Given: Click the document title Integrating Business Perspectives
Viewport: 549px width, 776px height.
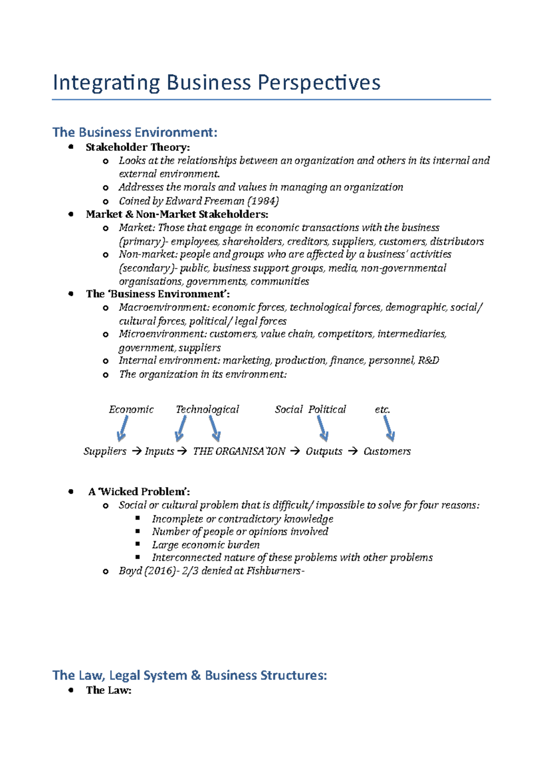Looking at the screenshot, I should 216,83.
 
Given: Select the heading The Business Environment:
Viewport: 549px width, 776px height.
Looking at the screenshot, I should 135,133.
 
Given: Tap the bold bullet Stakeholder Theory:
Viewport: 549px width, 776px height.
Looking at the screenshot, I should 138,147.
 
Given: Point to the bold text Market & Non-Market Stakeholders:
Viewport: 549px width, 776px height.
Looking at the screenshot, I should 177,214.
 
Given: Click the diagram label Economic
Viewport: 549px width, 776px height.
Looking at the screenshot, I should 131,409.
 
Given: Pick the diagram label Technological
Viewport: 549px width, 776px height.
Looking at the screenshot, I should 207,409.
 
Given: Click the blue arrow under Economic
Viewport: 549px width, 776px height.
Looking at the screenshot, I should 122,430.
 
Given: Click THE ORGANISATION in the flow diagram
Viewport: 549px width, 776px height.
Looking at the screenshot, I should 239,452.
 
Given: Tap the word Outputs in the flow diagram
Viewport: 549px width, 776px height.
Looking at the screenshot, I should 324,452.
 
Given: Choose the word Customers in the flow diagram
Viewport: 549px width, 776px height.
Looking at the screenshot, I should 387,452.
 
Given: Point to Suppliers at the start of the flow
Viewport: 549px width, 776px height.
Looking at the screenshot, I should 105,452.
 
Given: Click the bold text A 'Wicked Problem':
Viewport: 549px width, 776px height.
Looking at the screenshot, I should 139,492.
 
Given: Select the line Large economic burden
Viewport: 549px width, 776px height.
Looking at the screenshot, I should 206,545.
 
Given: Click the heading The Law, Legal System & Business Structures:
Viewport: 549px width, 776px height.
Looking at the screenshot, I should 189,675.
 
